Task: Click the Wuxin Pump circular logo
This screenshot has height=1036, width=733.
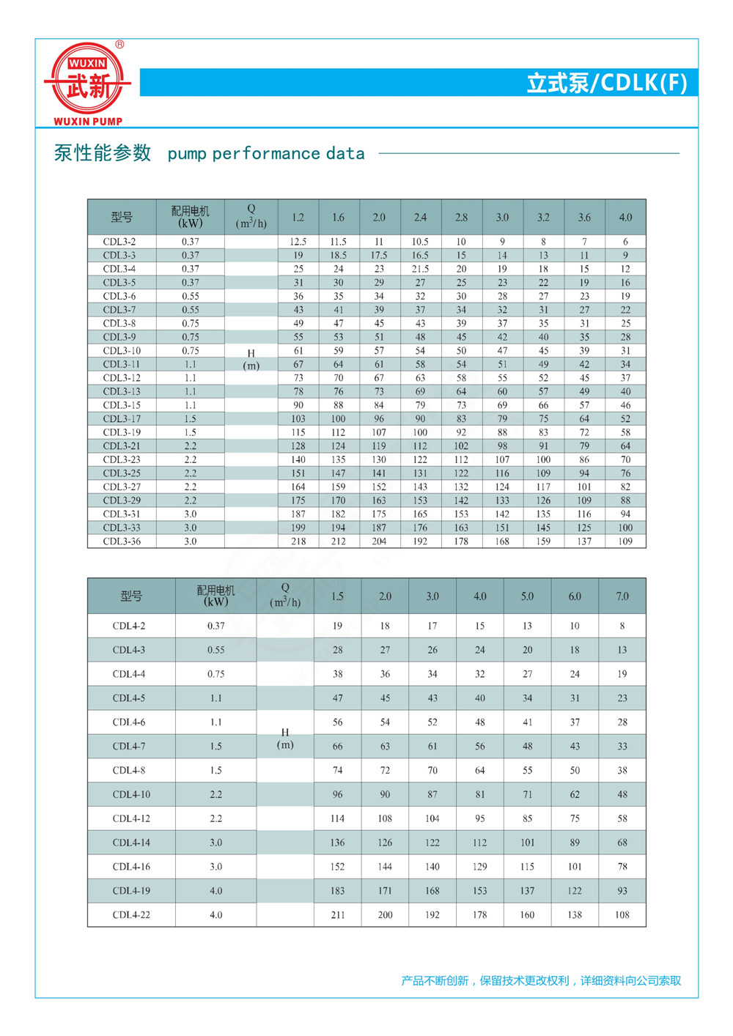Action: [88, 80]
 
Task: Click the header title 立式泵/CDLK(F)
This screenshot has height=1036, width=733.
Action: [607, 83]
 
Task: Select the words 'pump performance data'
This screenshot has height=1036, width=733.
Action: [266, 154]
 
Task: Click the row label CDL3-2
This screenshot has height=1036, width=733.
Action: [119, 242]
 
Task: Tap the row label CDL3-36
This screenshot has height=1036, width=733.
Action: [122, 541]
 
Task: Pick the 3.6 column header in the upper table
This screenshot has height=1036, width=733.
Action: [584, 218]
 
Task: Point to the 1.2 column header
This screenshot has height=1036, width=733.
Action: [298, 218]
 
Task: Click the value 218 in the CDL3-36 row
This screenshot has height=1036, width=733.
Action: [298, 541]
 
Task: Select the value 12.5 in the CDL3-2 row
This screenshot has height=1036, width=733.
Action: [298, 242]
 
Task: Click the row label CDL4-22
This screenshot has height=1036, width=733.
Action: [131, 915]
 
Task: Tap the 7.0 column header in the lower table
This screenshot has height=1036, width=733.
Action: [622, 596]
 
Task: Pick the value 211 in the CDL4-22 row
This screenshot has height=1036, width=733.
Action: [337, 915]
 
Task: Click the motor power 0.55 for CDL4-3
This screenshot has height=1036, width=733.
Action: [216, 650]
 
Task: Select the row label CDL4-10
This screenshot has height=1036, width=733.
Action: [131, 794]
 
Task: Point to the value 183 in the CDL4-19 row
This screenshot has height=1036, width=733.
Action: [337, 891]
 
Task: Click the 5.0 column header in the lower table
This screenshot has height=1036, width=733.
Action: [527, 596]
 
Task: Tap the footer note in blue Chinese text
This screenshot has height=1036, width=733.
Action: [541, 980]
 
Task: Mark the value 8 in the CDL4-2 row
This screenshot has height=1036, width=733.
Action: [622, 626]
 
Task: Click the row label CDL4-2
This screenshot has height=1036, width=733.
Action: [129, 626]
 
